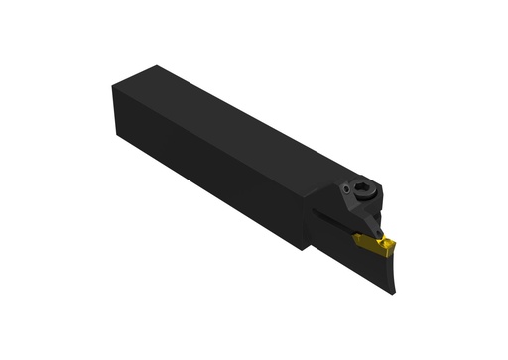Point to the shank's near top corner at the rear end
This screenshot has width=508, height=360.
[x=113, y=85]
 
